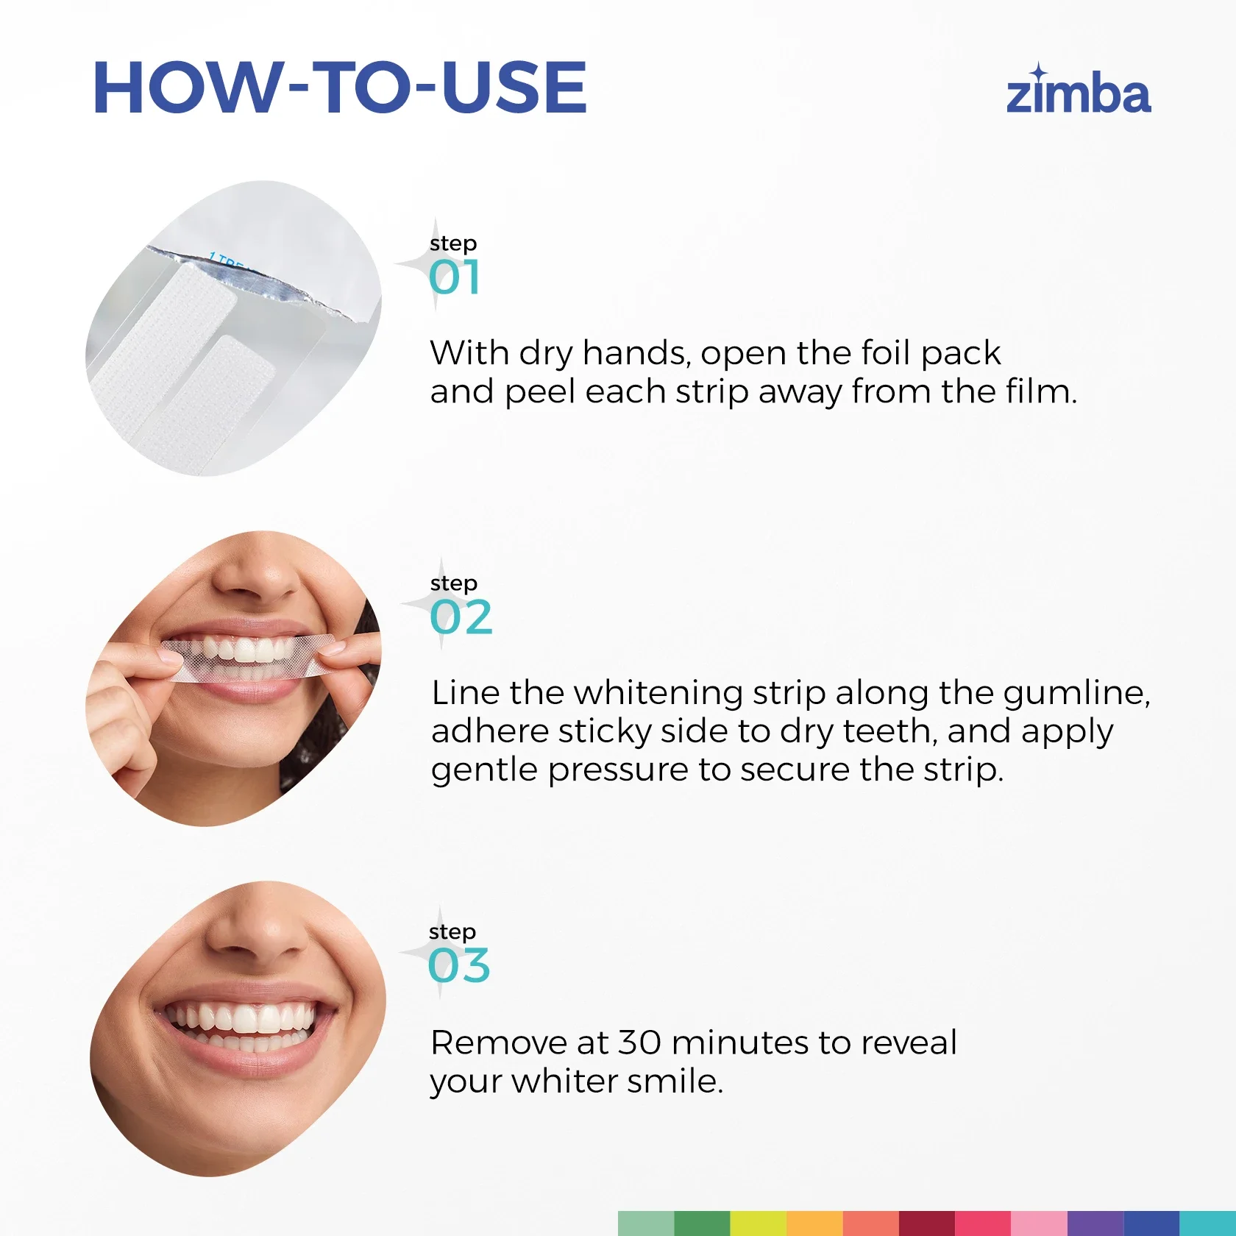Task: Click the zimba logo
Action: pos(1079,90)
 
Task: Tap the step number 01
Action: pos(455,277)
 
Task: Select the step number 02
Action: pos(461,617)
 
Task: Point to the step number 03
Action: pos(459,966)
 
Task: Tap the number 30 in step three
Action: pos(639,1043)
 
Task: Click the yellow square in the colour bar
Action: pos(758,1223)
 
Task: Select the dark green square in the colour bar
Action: pos(702,1223)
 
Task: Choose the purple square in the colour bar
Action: pos(1095,1223)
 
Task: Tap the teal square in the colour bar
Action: pos(1208,1223)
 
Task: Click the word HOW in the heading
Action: pos(187,88)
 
